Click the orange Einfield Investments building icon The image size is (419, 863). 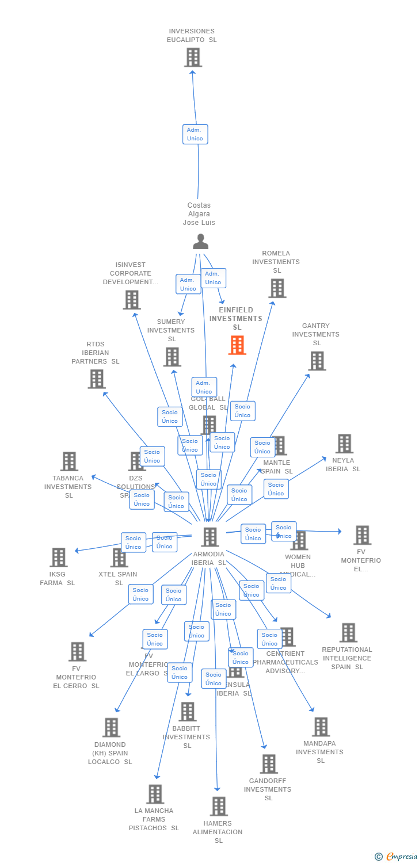[x=237, y=345]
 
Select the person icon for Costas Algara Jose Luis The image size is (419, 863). [x=200, y=242]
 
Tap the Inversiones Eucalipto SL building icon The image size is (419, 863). [x=193, y=58]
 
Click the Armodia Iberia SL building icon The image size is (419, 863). [x=209, y=537]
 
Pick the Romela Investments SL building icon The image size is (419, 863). [x=277, y=288]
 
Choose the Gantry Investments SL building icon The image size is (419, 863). [x=317, y=361]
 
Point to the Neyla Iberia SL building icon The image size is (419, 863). [x=344, y=444]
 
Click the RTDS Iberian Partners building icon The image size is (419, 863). [x=97, y=379]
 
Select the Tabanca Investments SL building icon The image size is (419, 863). [x=69, y=461]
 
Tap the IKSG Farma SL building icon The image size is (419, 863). [x=58, y=557]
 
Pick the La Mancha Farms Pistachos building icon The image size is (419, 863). [x=154, y=794]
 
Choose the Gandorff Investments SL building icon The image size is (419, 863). [x=268, y=764]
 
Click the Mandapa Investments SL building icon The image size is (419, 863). [x=321, y=727]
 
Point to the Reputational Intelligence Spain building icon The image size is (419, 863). [x=348, y=632]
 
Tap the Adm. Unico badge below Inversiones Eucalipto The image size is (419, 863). [x=195, y=134]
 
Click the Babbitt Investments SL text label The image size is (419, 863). [x=186, y=737]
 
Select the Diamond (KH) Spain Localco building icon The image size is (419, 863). [x=111, y=727]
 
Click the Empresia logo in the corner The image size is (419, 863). [x=397, y=857]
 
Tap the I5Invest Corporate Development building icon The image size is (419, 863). [x=132, y=300]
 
